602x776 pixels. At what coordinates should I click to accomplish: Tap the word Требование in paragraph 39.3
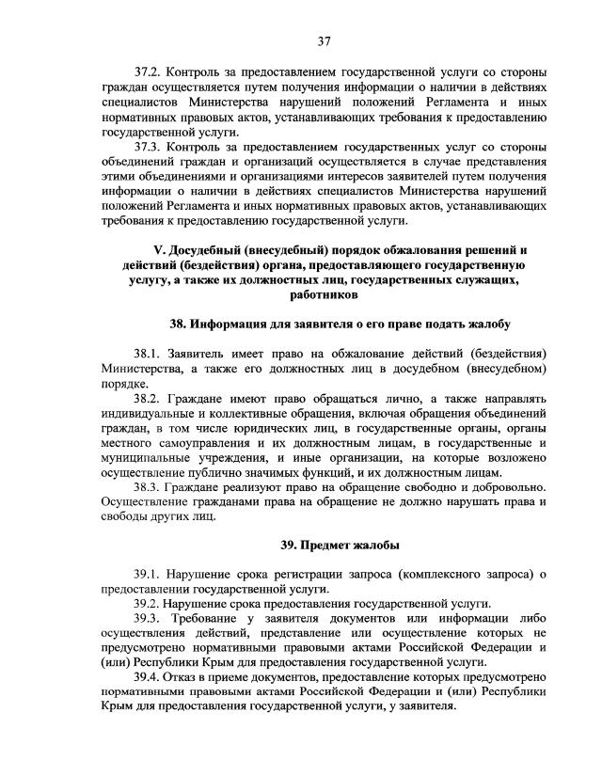pyautogui.click(x=206, y=619)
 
